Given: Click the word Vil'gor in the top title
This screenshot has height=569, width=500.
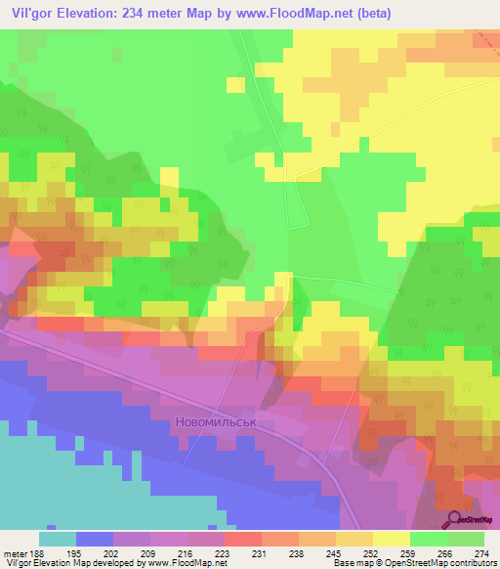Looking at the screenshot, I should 34,13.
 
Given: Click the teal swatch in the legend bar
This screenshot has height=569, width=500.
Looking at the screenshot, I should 58,539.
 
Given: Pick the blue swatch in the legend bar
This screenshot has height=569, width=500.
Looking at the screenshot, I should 95,539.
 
